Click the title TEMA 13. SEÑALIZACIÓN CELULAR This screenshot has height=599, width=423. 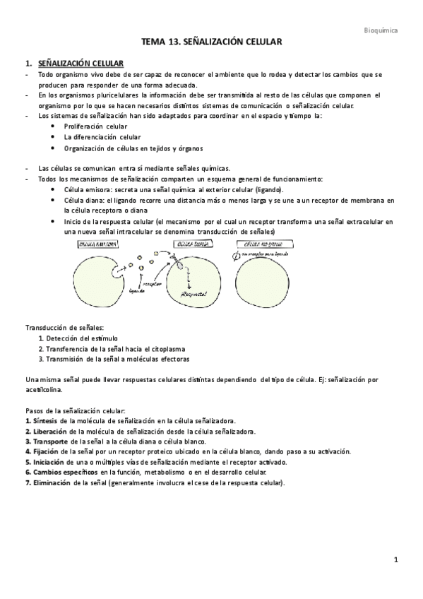pyautogui.click(x=211, y=43)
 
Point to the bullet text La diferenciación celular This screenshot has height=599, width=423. pyautogui.click(x=102, y=137)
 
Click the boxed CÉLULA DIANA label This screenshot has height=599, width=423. pyautogui.click(x=180, y=244)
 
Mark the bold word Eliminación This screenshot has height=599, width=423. pyautogui.click(x=48, y=482)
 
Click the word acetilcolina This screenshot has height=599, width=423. pyautogui.click(x=44, y=389)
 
